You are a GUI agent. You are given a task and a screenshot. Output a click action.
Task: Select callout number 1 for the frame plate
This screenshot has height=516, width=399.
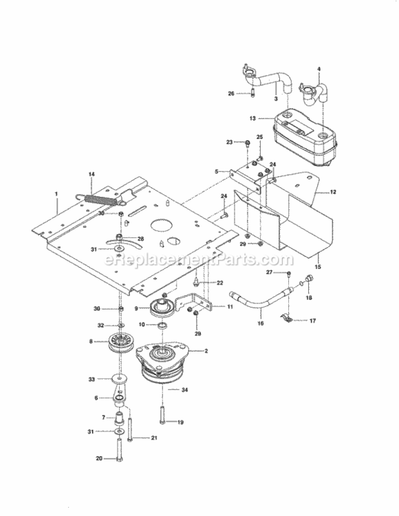click(x=56, y=195)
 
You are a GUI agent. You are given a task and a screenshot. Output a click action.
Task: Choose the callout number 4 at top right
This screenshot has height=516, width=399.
click(x=319, y=69)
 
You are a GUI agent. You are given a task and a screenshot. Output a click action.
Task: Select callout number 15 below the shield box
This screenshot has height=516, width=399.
click(x=318, y=266)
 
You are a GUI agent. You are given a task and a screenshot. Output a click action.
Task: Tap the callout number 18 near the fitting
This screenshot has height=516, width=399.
click(x=308, y=298)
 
